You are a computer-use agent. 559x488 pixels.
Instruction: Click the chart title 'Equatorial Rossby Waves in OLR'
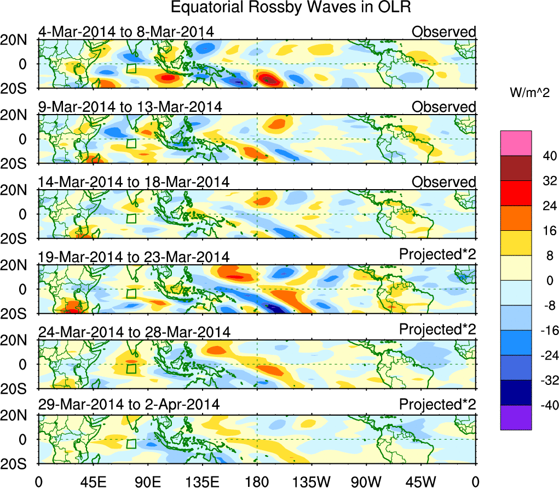point(291,9)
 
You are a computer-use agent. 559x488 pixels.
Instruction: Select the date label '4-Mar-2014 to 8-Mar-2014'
point(126,31)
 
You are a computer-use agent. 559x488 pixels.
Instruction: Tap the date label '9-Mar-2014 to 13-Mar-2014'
point(130,106)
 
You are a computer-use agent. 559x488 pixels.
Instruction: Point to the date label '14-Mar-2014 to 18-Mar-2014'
point(134,181)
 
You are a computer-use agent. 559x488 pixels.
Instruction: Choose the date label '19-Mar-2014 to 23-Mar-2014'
point(134,257)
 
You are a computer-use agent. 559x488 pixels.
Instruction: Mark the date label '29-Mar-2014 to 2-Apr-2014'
point(129,405)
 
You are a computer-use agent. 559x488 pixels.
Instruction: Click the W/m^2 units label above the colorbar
point(527,94)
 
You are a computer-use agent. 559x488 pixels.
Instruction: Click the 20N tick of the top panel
point(17,39)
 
